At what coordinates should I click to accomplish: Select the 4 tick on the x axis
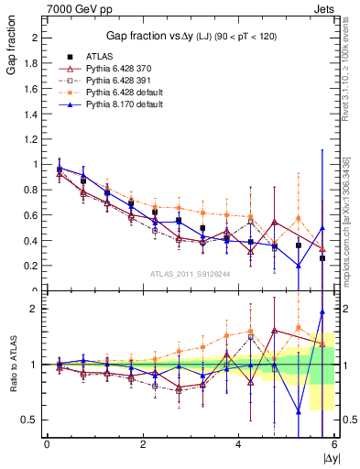tap(239, 445)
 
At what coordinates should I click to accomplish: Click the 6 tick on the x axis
tap(334, 445)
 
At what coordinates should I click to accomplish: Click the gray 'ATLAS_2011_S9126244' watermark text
tap(190, 273)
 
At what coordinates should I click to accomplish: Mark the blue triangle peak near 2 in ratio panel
tap(322, 311)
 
